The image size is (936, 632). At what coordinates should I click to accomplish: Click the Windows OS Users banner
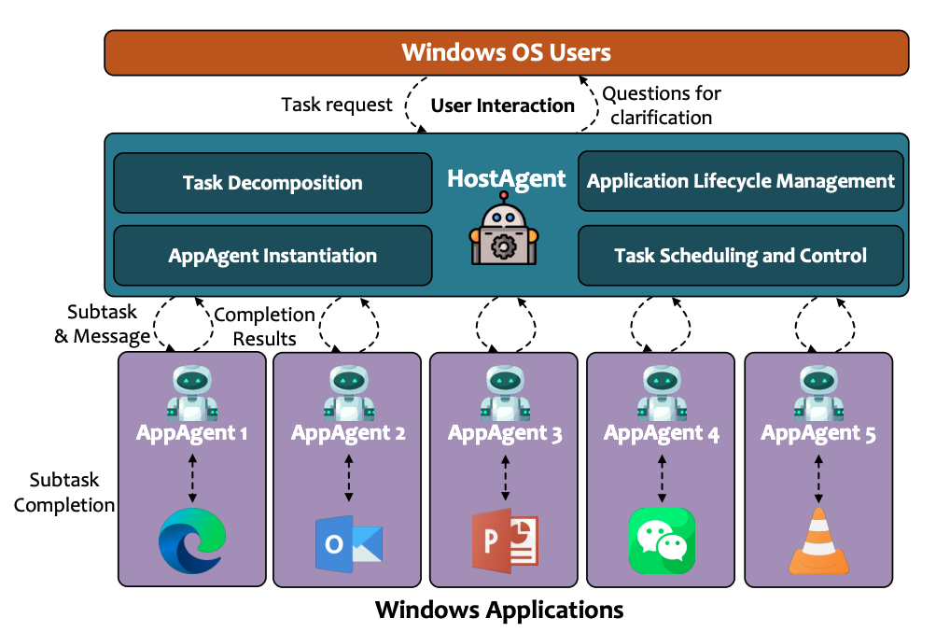[506, 51]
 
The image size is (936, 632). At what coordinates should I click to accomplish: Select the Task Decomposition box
[272, 183]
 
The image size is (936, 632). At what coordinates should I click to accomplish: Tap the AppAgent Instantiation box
[272, 255]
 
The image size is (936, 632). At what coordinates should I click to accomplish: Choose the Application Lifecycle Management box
[741, 181]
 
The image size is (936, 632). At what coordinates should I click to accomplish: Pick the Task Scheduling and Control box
[741, 255]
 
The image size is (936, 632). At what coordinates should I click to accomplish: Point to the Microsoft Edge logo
[191, 541]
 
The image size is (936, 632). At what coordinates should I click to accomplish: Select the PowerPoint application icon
[505, 541]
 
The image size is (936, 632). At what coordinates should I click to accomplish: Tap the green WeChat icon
[661, 541]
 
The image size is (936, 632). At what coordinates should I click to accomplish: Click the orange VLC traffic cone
[818, 541]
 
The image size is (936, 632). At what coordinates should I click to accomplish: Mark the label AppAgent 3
[505, 433]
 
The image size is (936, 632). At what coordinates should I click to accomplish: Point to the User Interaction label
[502, 105]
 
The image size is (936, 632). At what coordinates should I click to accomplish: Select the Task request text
[337, 105]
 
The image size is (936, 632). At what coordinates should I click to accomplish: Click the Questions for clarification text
[662, 105]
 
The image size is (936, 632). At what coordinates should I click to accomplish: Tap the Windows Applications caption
[499, 610]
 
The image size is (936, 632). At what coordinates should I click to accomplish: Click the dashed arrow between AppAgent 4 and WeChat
[662, 477]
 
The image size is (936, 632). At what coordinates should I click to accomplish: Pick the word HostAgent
[506, 177]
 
